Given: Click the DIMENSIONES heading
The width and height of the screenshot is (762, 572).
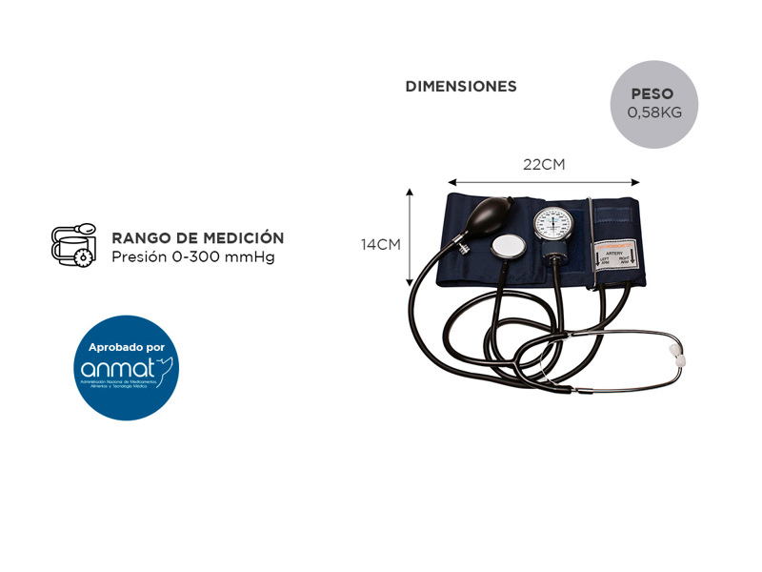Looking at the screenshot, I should coord(461,87).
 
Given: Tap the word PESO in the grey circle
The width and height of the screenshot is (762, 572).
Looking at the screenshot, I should coord(652,94).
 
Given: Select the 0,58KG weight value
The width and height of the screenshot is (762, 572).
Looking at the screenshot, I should coord(653,112).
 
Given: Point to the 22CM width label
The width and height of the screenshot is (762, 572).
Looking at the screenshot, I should coord(544,164).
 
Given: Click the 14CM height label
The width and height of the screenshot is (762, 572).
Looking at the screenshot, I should coord(380,244).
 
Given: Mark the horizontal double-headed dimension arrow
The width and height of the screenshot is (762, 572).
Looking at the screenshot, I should coord(544,182).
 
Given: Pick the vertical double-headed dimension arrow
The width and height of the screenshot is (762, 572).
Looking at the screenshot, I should coord(410,237).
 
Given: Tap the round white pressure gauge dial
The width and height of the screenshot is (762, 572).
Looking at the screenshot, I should coord(553,224).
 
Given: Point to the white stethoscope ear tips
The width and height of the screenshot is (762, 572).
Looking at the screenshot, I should coord(679,355).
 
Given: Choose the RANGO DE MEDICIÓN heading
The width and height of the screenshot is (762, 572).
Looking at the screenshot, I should coord(198,238).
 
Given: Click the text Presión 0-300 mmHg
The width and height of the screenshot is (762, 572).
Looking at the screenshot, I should coord(192,257).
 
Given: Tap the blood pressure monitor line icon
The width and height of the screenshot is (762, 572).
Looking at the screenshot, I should coord(73,245).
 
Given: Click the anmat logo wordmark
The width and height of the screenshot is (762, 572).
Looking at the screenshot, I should coord(120,368).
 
